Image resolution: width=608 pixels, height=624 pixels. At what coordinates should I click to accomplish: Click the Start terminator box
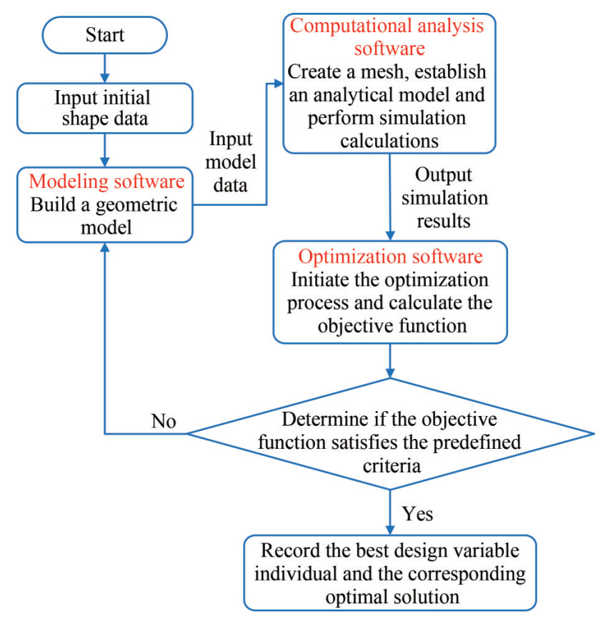click(x=105, y=34)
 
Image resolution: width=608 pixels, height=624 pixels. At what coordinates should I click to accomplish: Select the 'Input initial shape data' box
click(x=105, y=108)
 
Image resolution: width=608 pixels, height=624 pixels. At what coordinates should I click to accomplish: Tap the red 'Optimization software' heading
click(x=390, y=257)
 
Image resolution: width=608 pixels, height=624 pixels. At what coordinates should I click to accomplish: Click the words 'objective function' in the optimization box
click(x=389, y=325)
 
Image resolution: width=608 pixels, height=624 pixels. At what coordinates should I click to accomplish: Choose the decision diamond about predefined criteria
click(x=389, y=434)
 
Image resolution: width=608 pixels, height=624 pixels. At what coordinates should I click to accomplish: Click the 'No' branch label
click(x=163, y=420)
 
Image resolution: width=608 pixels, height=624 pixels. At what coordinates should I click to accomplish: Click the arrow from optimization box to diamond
click(x=390, y=361)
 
